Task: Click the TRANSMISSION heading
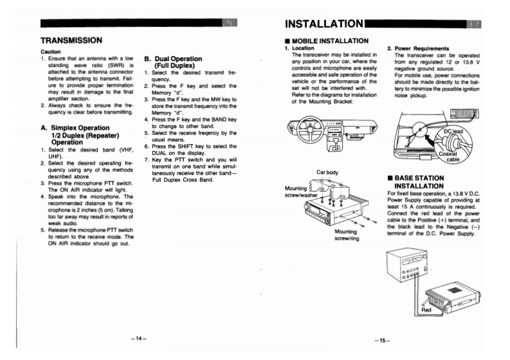tap(72, 40)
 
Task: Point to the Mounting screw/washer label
tap(299, 191)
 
